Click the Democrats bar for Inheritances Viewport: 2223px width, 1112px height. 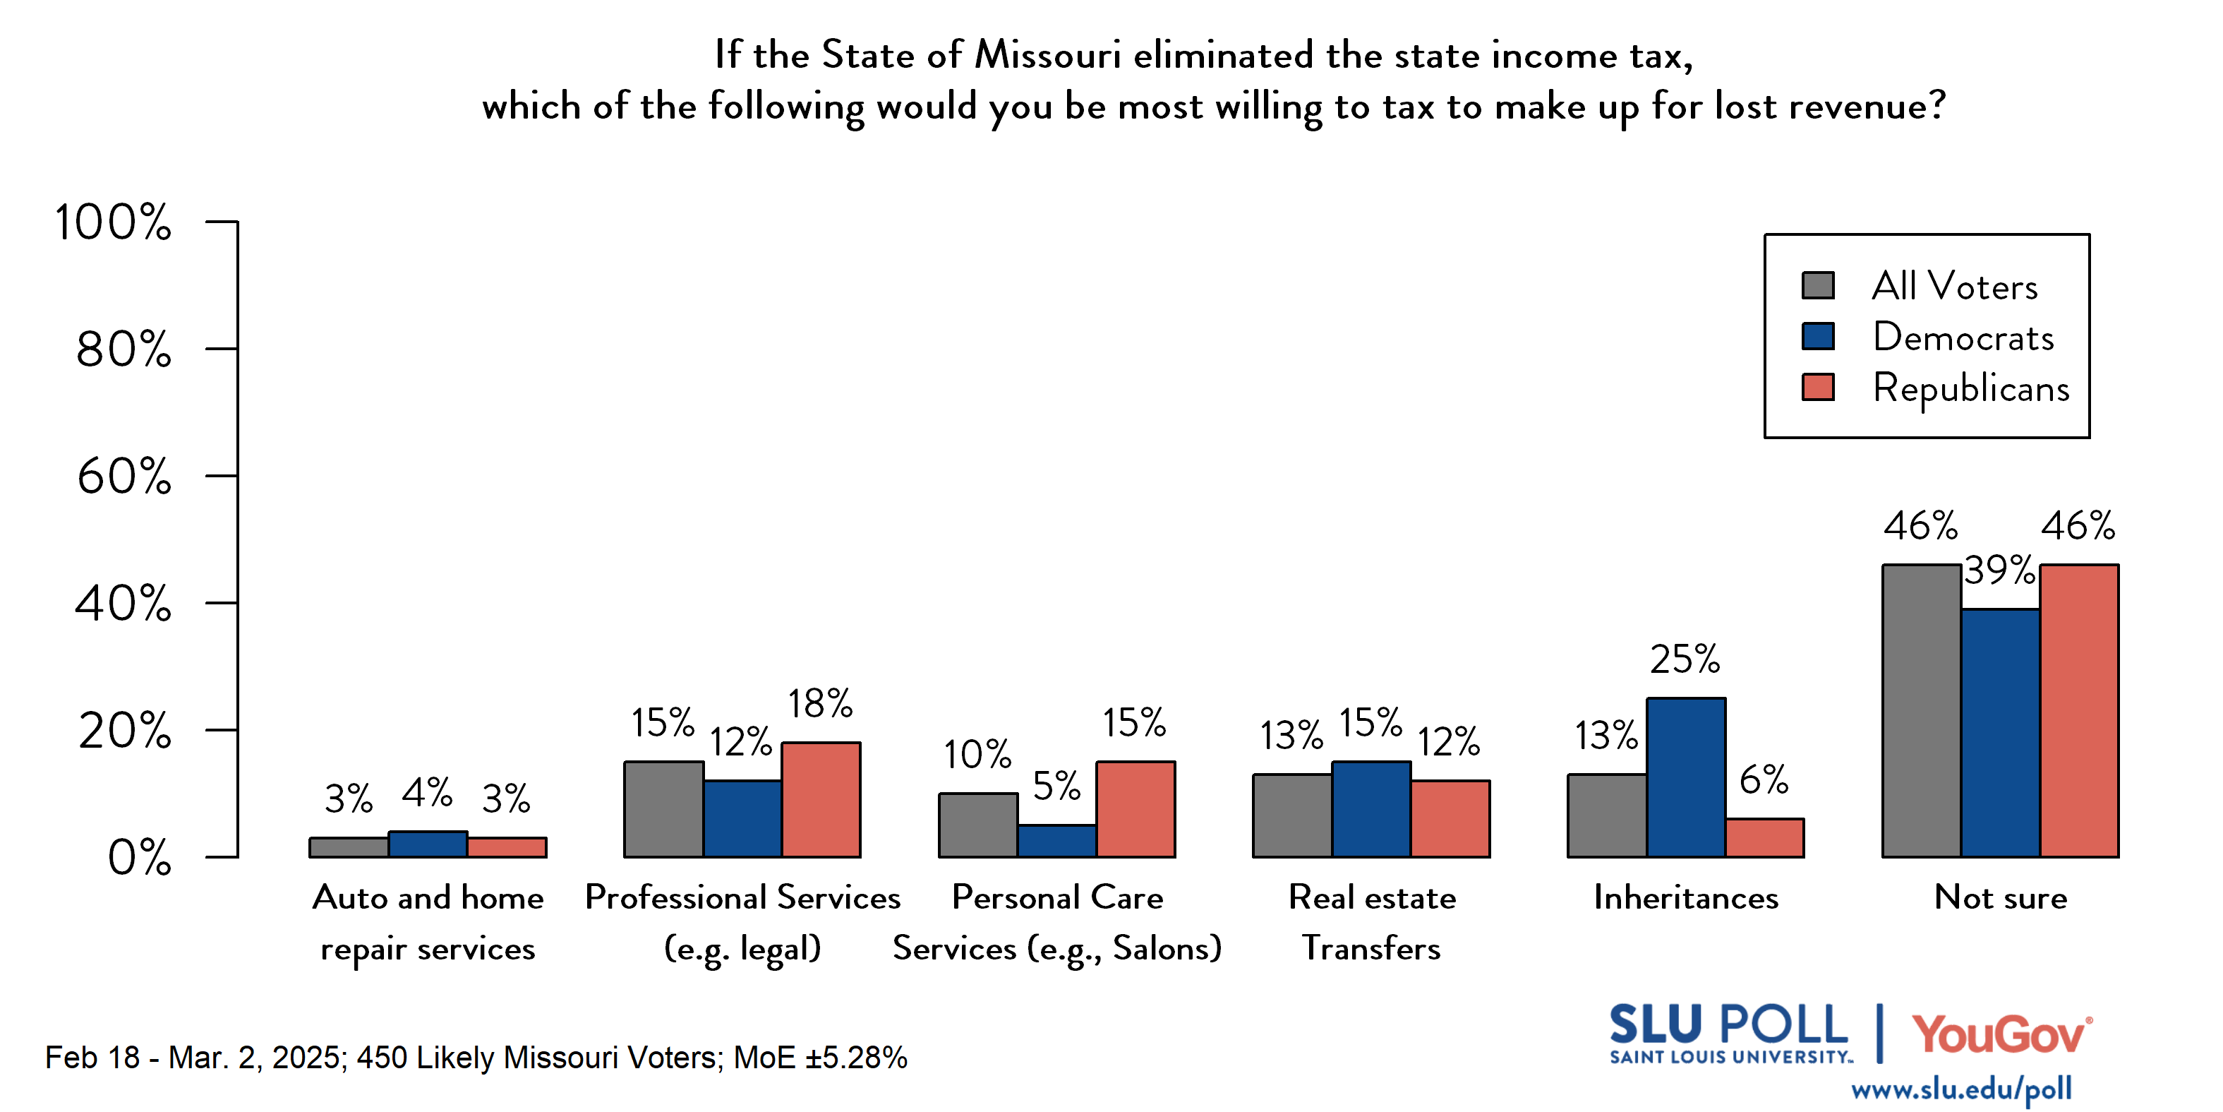tap(1685, 777)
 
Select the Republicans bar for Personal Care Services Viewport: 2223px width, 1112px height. tap(1135, 809)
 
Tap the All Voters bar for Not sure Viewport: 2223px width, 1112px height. tap(1921, 710)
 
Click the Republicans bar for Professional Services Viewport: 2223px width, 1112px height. tap(821, 799)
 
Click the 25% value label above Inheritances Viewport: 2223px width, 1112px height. tap(1685, 659)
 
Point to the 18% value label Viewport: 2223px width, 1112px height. tap(820, 704)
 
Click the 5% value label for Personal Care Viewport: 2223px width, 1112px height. tap(1056, 786)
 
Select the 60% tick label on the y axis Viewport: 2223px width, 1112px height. tap(124, 477)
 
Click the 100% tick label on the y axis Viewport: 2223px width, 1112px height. tap(113, 222)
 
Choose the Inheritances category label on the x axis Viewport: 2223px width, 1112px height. tap(1685, 898)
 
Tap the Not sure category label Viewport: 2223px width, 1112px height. tap(2001, 898)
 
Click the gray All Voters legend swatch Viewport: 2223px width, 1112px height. tap(1817, 286)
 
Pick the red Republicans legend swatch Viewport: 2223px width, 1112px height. tap(1817, 388)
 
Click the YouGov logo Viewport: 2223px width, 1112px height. tap(2001, 1034)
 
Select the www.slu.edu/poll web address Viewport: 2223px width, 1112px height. tap(1960, 1089)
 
